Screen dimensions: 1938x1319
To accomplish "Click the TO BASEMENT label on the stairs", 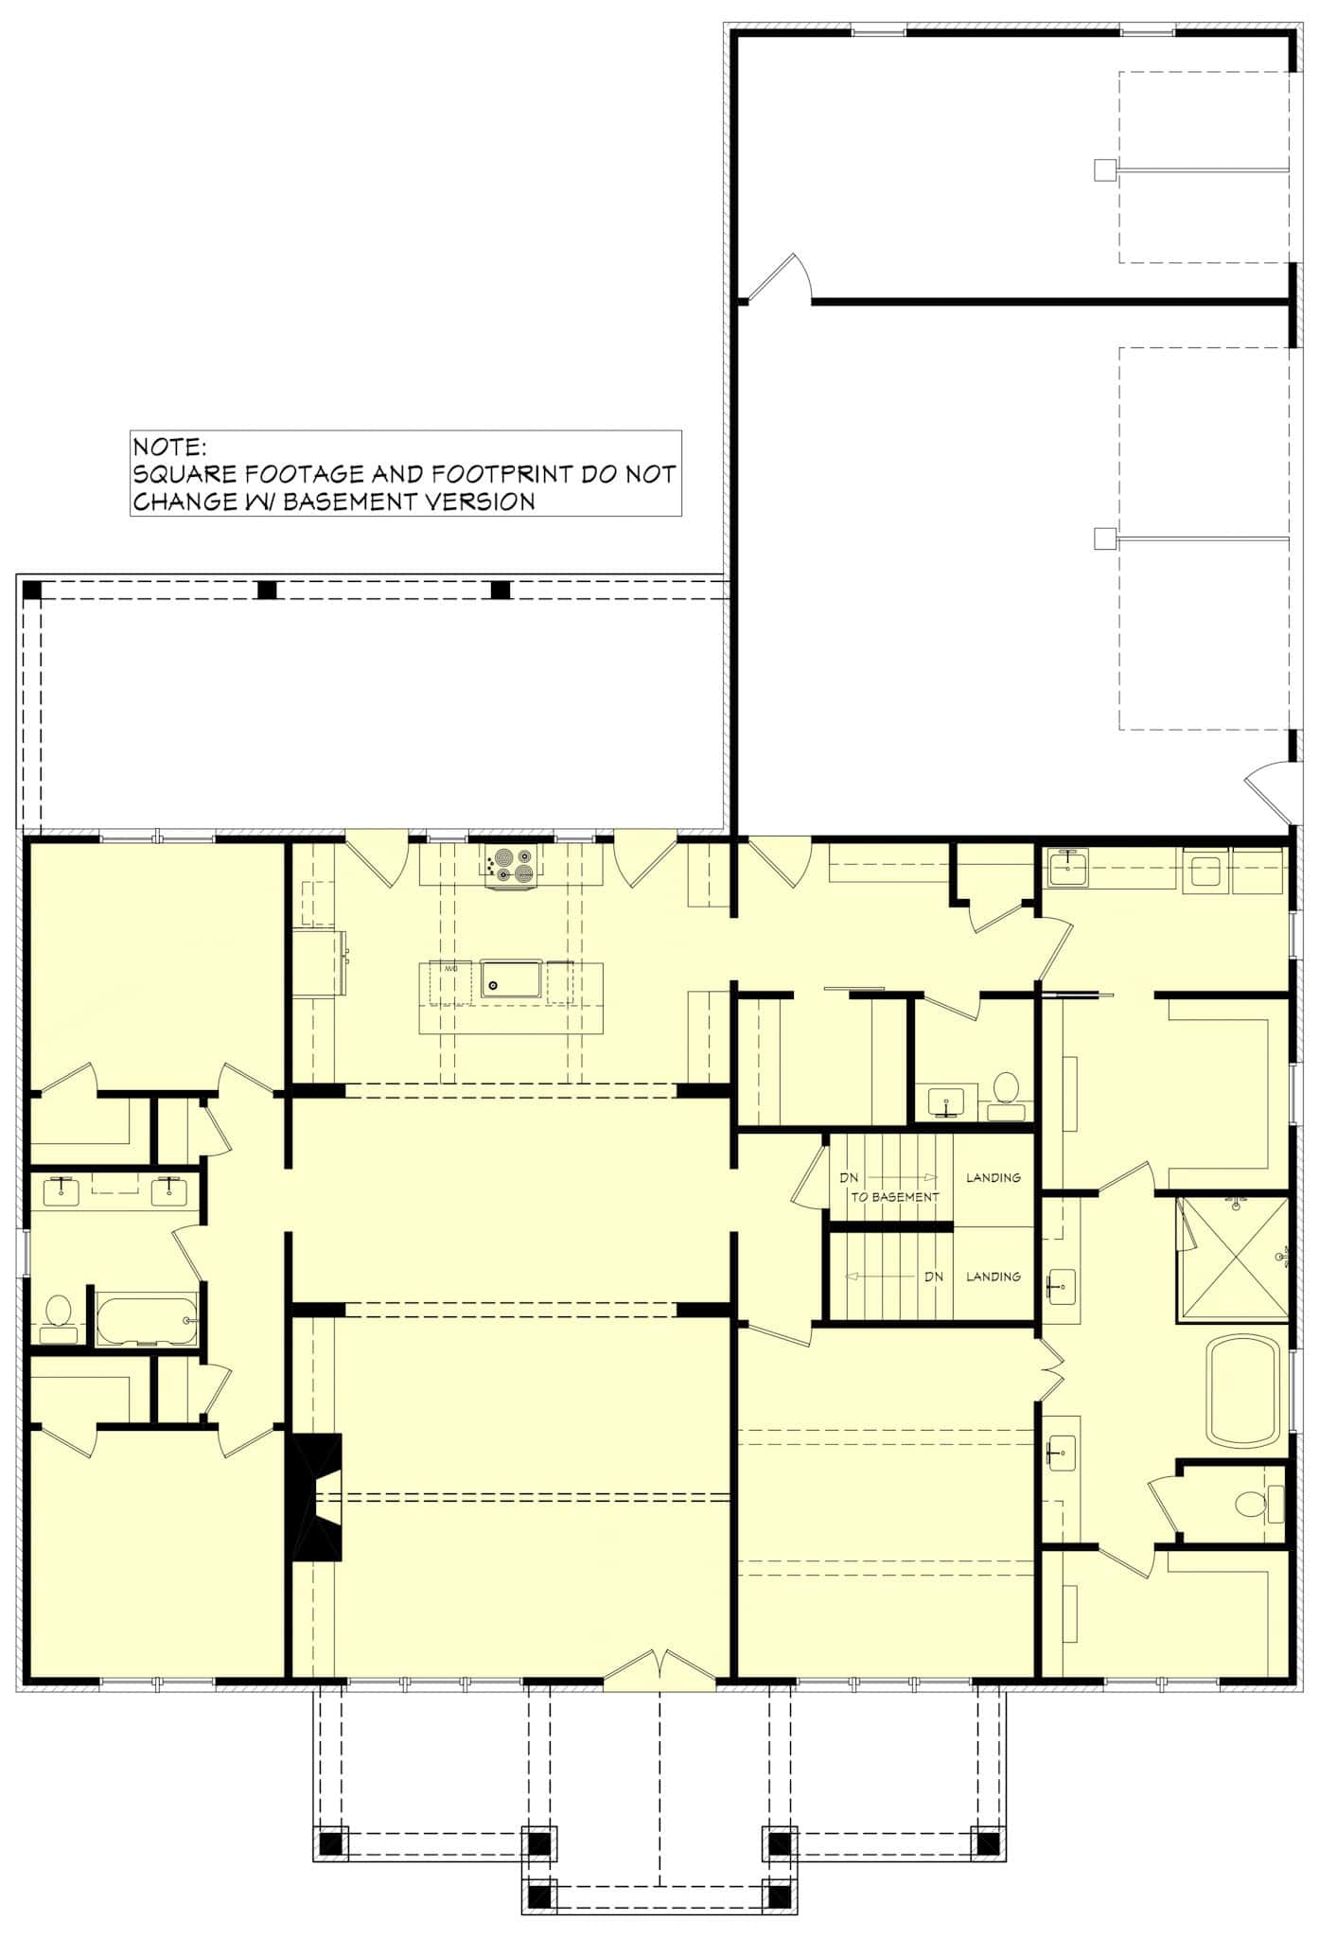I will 894,1197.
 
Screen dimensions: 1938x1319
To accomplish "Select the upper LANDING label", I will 993,1177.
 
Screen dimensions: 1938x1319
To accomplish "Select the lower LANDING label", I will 993,1277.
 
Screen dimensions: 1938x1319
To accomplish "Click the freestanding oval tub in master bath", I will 1243,1390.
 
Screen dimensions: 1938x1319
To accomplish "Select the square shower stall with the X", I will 1233,1258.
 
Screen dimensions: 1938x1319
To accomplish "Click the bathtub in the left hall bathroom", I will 147,1317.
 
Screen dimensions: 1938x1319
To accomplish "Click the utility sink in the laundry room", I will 1067,867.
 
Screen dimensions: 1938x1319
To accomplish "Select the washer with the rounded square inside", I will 1205,870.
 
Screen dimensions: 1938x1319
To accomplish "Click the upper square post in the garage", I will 1103,169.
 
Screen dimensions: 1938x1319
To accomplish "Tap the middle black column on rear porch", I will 267,590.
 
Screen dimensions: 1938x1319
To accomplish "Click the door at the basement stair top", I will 810,1174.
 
